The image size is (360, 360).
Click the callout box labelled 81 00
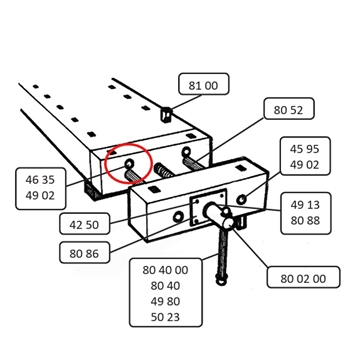(x=204, y=84)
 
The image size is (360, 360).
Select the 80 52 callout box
(x=289, y=108)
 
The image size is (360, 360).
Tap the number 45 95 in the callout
(x=304, y=149)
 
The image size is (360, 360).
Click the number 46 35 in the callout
(x=40, y=180)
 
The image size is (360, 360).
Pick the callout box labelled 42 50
(x=84, y=223)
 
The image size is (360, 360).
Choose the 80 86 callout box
(x=84, y=252)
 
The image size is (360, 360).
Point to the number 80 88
(x=305, y=220)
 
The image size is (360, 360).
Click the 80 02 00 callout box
(x=303, y=277)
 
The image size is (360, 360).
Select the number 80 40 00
(x=165, y=270)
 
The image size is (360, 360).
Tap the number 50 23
(x=165, y=317)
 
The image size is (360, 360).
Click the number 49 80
(x=165, y=301)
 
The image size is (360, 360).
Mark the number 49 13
(x=305, y=205)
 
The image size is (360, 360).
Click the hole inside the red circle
(x=129, y=163)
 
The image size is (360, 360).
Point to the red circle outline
(x=105, y=163)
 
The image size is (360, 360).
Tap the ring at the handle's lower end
(x=220, y=282)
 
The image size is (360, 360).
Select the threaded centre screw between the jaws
(x=164, y=171)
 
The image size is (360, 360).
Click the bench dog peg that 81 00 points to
(x=167, y=115)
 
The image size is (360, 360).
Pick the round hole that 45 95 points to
(x=242, y=199)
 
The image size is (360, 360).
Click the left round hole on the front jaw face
(x=178, y=217)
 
